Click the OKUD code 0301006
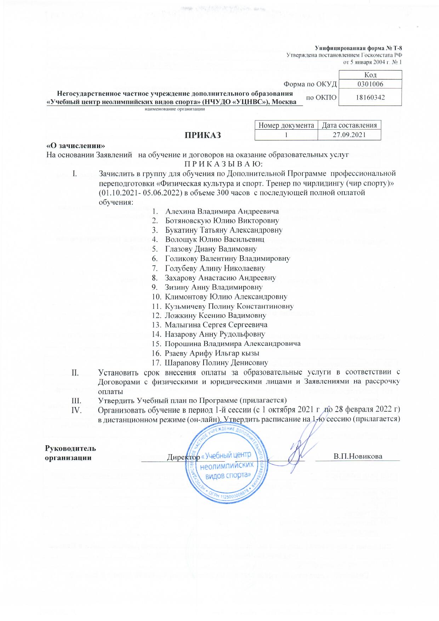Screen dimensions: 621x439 (370, 84)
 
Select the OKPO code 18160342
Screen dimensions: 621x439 (370, 97)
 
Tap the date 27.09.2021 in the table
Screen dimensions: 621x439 (349, 135)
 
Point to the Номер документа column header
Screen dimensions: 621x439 (286, 125)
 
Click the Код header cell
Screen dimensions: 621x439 (370, 75)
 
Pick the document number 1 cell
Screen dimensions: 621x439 (286, 135)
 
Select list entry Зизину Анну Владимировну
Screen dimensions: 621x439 (213, 287)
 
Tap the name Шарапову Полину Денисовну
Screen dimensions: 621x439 (216, 363)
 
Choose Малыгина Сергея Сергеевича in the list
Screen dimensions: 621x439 (216, 325)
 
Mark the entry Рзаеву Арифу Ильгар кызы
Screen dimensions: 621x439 (212, 353)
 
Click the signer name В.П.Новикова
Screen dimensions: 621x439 (358, 456)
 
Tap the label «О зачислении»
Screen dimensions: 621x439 (76, 146)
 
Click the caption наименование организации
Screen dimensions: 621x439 (175, 109)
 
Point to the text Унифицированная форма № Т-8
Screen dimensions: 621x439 (358, 48)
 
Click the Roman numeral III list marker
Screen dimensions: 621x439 (76, 400)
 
